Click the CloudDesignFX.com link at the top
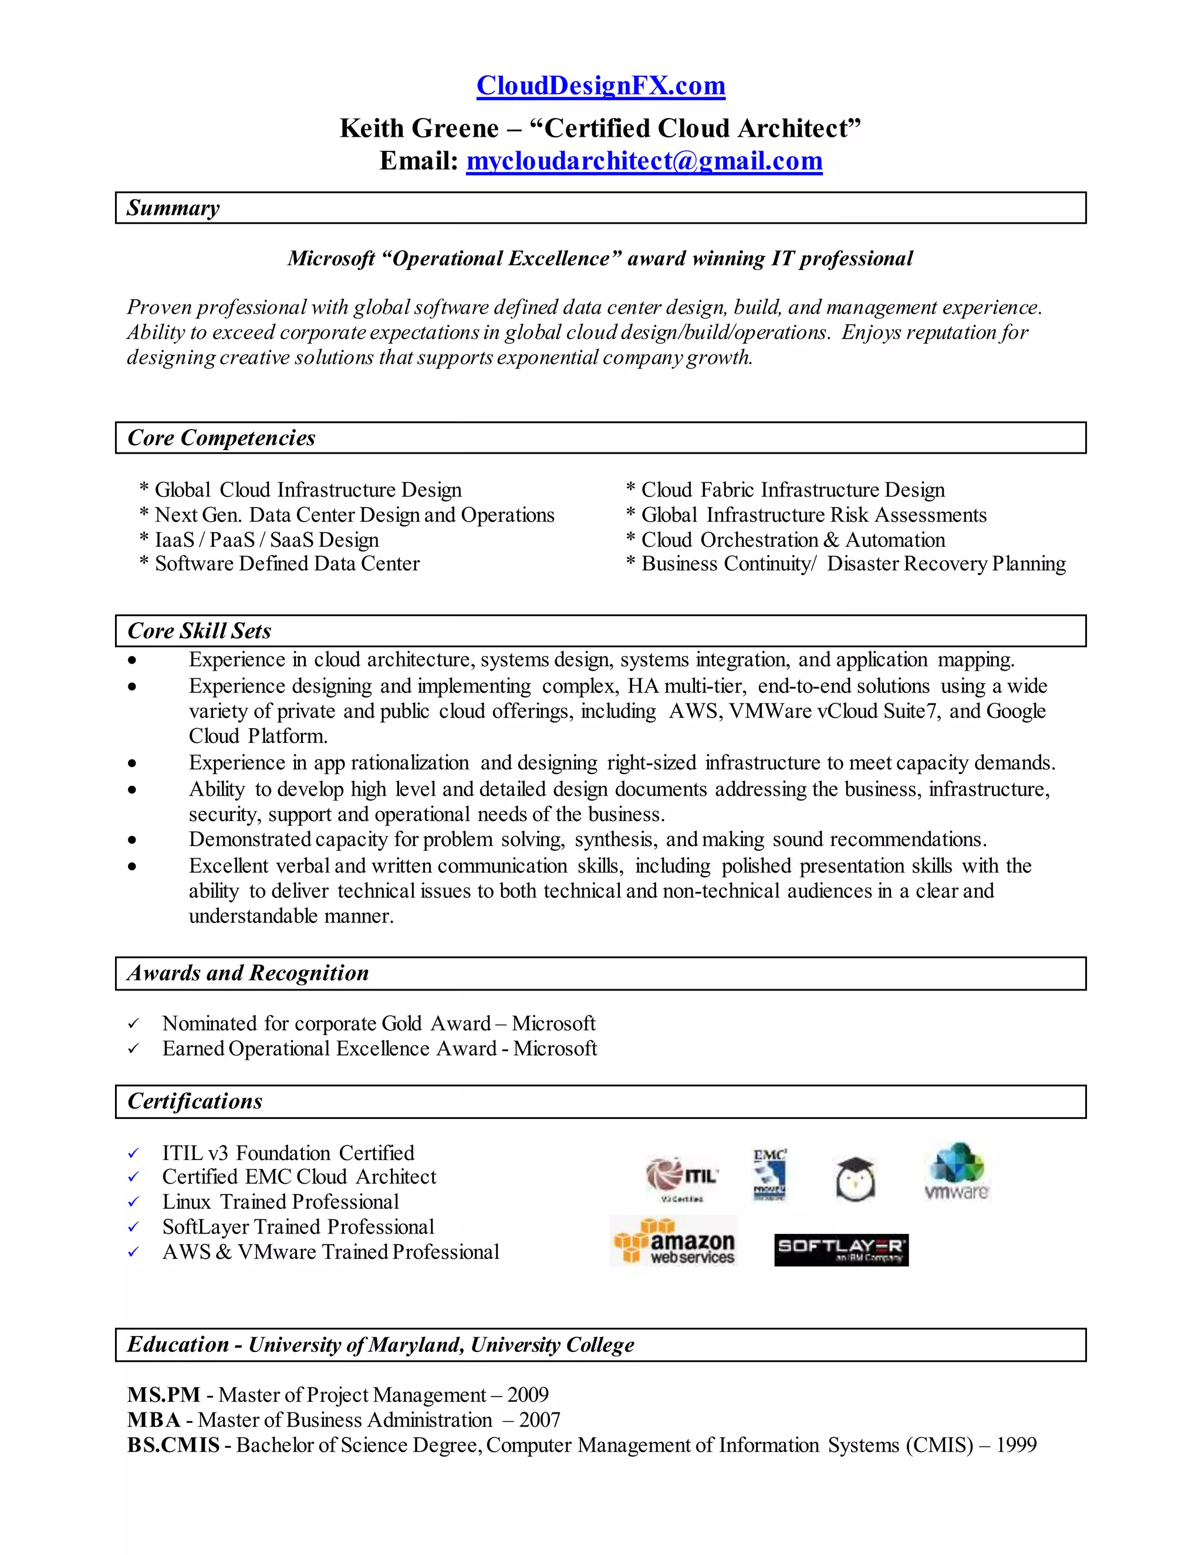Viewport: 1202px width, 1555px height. (x=600, y=86)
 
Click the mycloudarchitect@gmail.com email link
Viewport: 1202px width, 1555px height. (x=644, y=161)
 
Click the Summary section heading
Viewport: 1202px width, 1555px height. (x=173, y=208)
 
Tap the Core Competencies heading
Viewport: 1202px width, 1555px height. (x=221, y=438)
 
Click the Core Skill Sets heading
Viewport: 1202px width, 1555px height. (x=199, y=631)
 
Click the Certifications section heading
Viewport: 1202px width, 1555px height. (x=194, y=1101)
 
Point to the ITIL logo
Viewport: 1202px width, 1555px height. (x=681, y=1175)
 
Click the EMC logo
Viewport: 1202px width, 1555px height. (x=770, y=1174)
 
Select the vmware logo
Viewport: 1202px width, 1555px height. (x=956, y=1172)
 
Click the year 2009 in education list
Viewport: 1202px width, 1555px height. (x=528, y=1395)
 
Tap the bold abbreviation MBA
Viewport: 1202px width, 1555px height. (x=154, y=1419)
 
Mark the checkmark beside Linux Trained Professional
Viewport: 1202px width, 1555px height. (x=133, y=1202)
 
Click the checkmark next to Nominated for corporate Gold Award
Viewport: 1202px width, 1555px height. (x=133, y=1024)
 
